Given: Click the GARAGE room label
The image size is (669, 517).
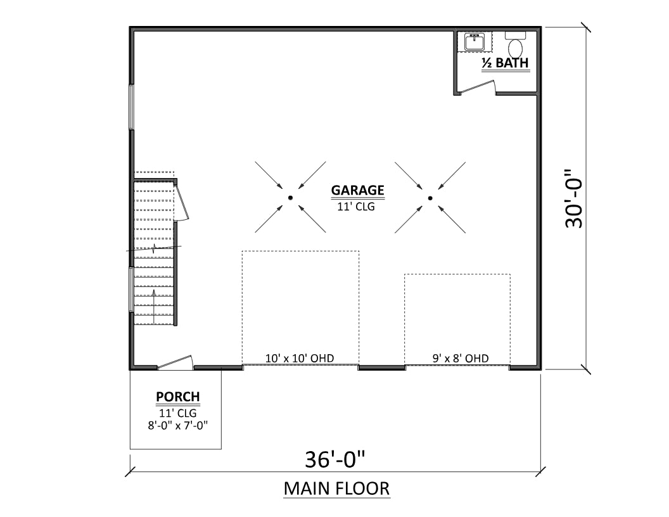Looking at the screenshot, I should [x=357, y=190].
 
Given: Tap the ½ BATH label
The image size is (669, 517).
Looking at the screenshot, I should [x=505, y=63].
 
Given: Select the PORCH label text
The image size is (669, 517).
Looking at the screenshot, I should [x=177, y=397].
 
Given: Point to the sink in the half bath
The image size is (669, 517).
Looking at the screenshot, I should [x=475, y=42].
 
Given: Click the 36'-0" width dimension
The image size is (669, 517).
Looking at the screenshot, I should [x=335, y=459].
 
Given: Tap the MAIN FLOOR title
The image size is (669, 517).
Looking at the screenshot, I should [x=336, y=489].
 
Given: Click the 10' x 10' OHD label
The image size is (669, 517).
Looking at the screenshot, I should [x=300, y=359].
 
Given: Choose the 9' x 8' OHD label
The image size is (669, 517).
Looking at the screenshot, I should [x=461, y=359].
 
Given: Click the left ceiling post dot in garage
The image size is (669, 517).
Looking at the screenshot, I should [x=290, y=198].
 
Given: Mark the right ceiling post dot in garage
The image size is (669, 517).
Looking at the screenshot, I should [x=430, y=198].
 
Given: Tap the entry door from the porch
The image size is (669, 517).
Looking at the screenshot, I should [x=175, y=362].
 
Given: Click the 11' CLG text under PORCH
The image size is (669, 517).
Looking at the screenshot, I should [x=177, y=412].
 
